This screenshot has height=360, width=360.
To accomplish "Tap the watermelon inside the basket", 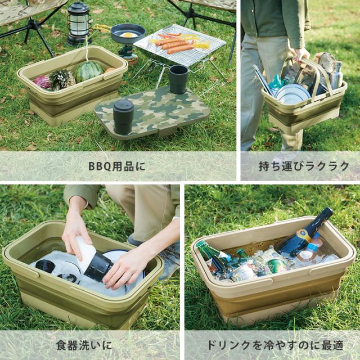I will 89,71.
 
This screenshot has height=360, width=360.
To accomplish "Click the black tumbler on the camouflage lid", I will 123,116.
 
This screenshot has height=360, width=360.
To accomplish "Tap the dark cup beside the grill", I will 178,79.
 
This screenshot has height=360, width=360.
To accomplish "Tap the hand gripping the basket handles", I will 301,54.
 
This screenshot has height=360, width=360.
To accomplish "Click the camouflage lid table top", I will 152,110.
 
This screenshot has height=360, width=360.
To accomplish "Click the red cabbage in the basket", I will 42,82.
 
